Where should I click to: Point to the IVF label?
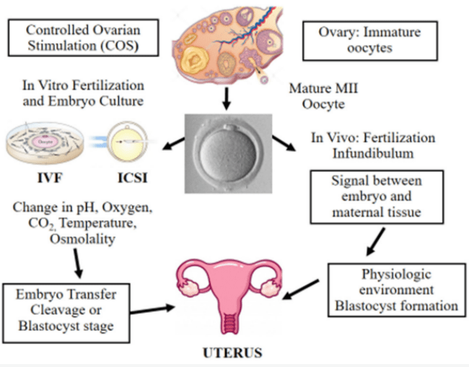[x=43, y=176]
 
